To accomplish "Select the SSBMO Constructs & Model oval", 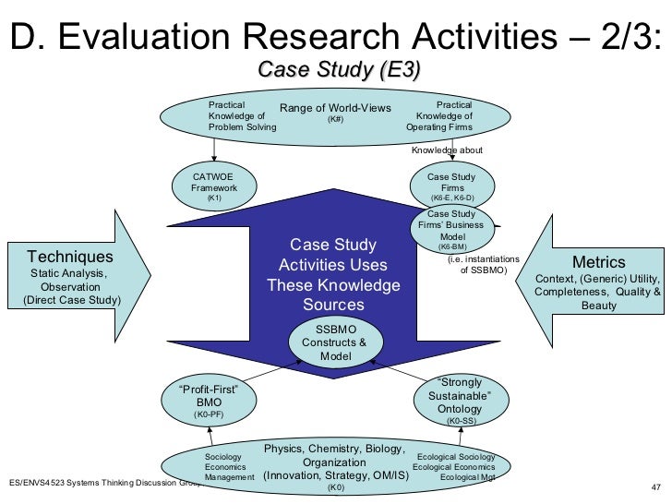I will pyautogui.click(x=335, y=342).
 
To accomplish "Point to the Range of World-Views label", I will pyautogui.click(x=335, y=108).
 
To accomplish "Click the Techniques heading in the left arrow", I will pyautogui.click(x=70, y=257).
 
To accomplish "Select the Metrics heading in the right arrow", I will pyautogui.click(x=598, y=262).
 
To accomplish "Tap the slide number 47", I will pyautogui.click(x=657, y=487).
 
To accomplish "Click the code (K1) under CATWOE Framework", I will pyautogui.click(x=214, y=198).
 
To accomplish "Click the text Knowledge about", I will pyautogui.click(x=447, y=150).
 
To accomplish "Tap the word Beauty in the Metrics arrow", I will pyautogui.click(x=598, y=306).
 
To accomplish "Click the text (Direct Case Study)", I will pyautogui.click(x=71, y=300).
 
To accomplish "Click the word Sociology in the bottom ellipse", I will pyautogui.click(x=222, y=457).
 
